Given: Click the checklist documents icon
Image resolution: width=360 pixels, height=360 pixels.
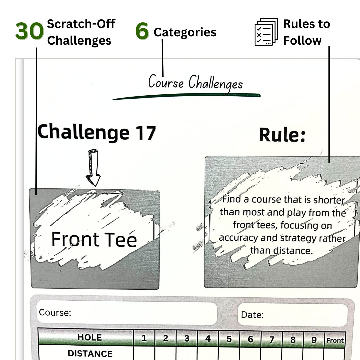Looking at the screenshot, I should [266, 32].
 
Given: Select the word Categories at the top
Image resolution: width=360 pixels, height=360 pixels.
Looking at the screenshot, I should [185, 33].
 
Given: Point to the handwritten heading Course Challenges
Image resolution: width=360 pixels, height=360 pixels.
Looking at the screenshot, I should [195, 82].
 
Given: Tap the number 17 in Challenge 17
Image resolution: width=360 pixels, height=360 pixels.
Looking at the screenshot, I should [146, 133].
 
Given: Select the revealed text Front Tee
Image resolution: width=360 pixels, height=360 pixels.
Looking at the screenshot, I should [94, 239].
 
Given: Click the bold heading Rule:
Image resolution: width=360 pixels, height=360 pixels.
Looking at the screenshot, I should [282, 135].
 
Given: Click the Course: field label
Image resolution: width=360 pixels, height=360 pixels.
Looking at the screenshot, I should [55, 312].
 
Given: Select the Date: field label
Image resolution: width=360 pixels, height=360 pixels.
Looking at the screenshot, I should [252, 315].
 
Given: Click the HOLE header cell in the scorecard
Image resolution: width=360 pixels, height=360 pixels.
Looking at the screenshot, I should [89, 337].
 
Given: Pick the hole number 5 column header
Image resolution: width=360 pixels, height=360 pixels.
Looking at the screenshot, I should [229, 339].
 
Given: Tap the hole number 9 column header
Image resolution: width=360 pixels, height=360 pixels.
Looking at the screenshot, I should [314, 340].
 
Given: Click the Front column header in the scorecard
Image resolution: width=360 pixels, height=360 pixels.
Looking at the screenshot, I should [335, 340].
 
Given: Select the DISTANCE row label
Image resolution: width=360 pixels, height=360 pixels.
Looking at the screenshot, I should [90, 353].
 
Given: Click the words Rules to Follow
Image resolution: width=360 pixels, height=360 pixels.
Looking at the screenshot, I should [306, 32].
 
